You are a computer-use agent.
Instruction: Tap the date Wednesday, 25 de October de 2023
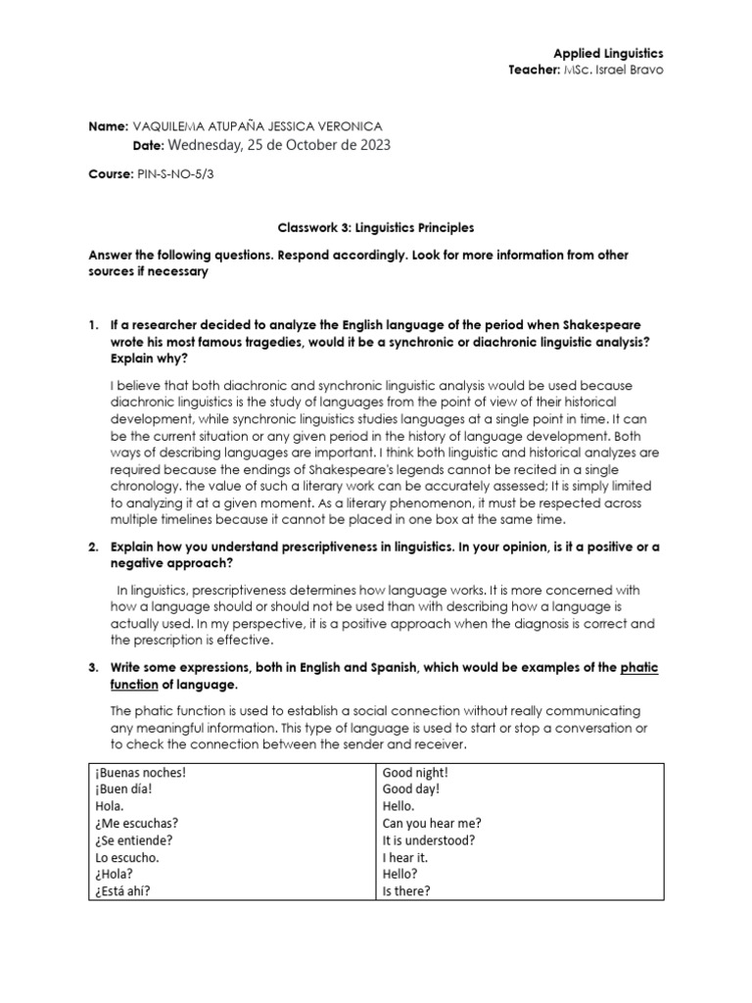point(280,145)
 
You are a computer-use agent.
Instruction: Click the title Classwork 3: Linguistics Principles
point(375,227)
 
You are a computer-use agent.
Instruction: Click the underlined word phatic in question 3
point(640,668)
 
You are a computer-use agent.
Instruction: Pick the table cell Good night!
point(415,771)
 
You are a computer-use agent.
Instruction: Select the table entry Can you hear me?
point(431,823)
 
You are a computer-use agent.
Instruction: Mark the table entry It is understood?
point(429,839)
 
